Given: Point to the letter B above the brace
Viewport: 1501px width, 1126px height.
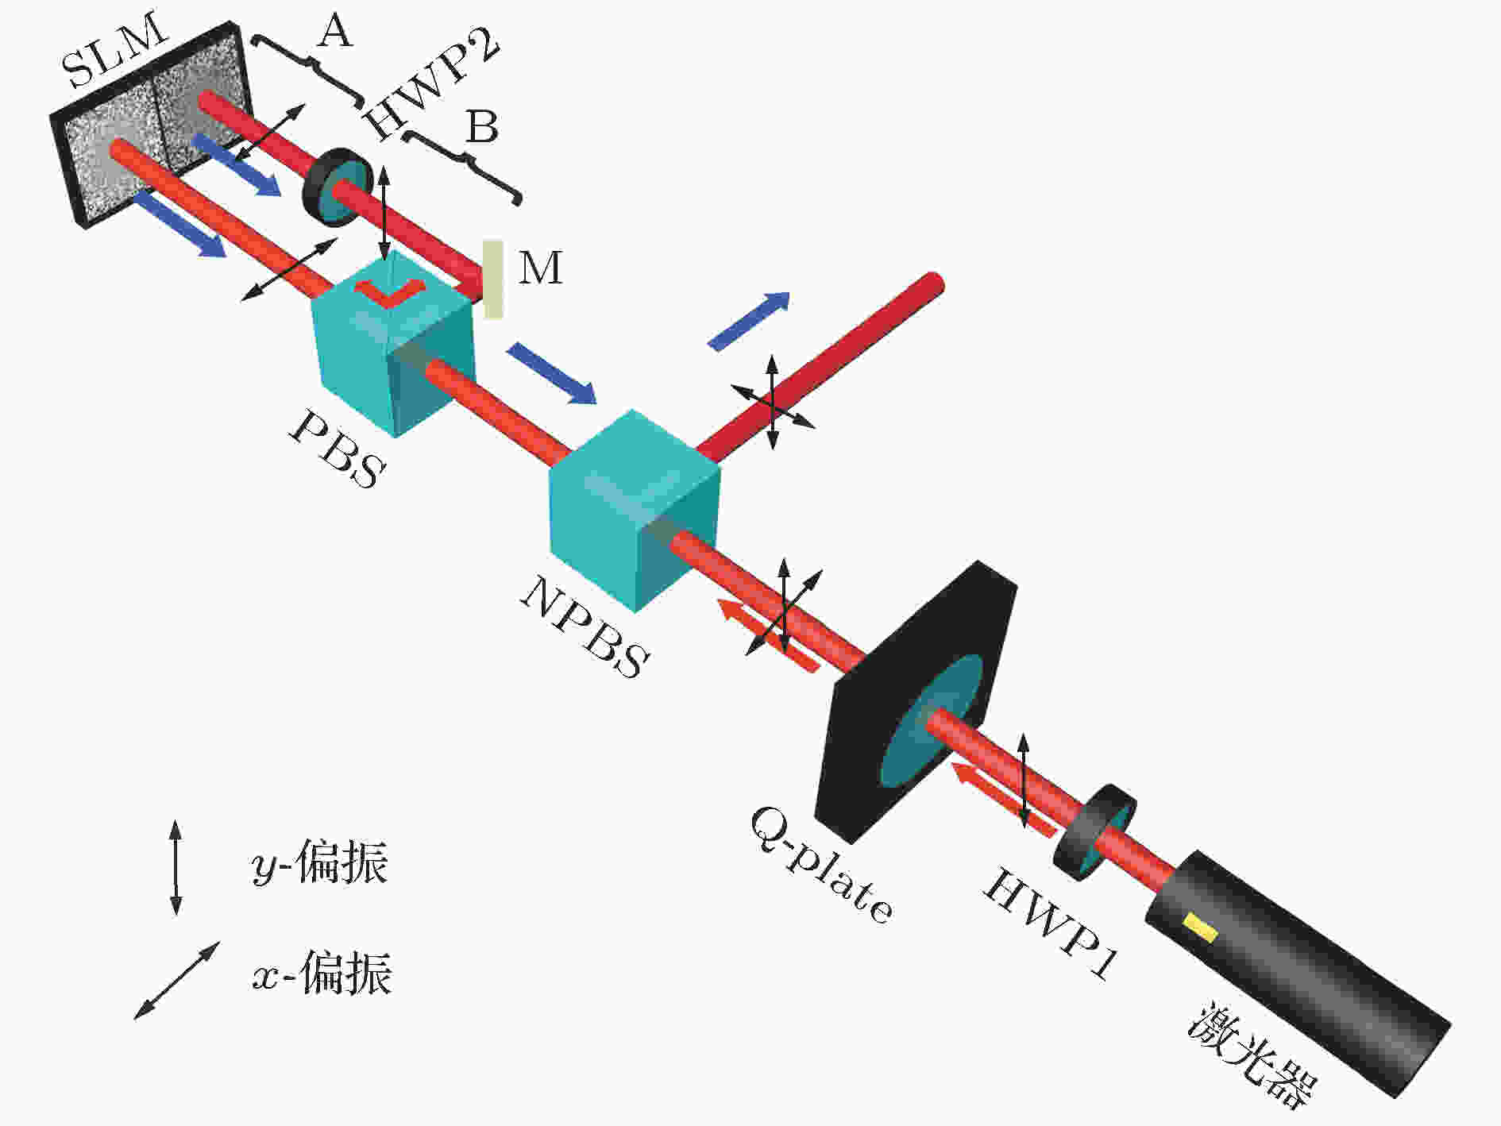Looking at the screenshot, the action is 482,127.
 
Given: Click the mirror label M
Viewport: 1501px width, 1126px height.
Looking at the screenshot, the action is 541,268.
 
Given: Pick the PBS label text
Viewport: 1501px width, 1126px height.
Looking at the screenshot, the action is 337,449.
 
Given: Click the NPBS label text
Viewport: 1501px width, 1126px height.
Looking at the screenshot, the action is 585,627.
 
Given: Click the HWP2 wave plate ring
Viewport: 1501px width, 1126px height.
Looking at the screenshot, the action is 338,187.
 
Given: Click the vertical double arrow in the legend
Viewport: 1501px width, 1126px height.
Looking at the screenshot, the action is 176,868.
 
